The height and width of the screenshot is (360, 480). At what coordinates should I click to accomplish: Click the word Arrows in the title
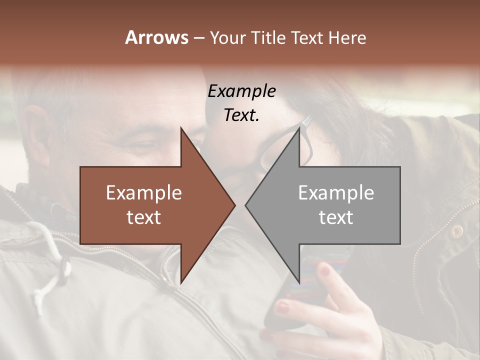[x=156, y=37]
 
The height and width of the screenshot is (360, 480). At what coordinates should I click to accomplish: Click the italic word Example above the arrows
[x=241, y=91]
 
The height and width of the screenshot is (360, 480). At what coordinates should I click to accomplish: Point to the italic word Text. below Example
[x=241, y=115]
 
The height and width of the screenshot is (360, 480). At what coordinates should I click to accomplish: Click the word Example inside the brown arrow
[x=143, y=193]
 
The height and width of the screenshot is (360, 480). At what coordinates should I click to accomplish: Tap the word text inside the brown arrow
[x=143, y=217]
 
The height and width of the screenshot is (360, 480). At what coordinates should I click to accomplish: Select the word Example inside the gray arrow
[x=336, y=193]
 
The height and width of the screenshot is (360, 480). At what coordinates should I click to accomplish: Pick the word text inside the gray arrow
[x=336, y=217]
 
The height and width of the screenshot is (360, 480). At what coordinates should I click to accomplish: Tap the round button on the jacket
[x=456, y=230]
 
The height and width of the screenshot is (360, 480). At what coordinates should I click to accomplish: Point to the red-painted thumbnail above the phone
[x=325, y=271]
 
